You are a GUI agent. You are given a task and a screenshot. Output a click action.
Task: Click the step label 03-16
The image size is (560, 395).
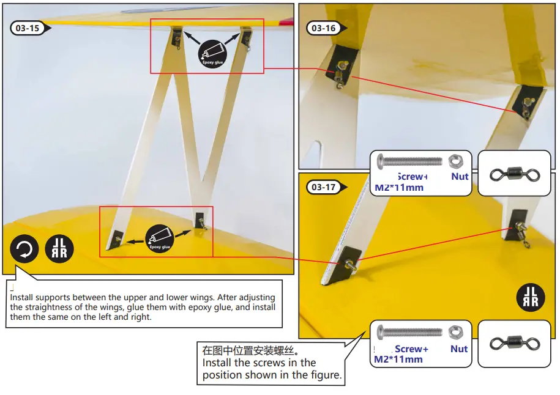[324, 28]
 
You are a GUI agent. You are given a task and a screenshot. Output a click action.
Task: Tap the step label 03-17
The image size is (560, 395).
[324, 187]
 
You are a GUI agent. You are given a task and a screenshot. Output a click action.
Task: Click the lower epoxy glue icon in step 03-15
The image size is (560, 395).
[159, 239]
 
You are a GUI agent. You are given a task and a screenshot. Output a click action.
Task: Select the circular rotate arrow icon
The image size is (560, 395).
[24, 249]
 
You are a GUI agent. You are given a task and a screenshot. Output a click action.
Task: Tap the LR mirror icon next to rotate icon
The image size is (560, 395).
[59, 249]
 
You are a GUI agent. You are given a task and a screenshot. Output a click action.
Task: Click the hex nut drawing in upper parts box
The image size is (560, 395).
[456, 161]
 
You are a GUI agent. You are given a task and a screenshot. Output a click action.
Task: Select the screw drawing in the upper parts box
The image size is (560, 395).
[409, 162]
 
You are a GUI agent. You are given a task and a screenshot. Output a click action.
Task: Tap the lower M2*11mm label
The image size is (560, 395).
[398, 360]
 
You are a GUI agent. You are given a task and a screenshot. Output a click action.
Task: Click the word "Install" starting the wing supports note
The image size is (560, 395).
[23, 297]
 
